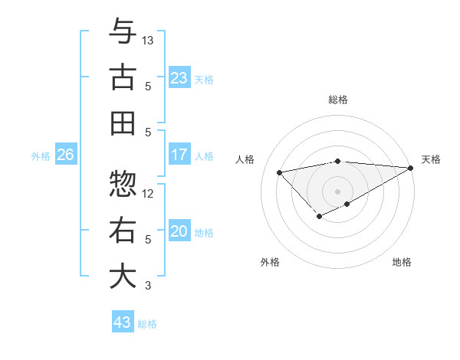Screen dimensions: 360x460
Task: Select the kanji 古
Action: tap(123, 77)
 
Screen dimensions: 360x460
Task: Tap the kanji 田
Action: tap(123, 123)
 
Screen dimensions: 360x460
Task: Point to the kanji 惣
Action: tap(123, 185)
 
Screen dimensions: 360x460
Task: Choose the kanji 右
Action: tap(123, 231)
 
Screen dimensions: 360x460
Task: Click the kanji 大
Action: tap(123, 277)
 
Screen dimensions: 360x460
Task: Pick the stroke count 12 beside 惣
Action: tap(149, 194)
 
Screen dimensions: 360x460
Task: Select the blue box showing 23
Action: tap(179, 77)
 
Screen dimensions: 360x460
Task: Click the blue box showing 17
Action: tap(179, 155)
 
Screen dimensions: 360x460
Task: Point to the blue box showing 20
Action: tap(179, 231)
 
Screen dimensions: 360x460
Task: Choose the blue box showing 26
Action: tap(65, 155)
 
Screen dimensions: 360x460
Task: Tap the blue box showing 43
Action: tap(123, 322)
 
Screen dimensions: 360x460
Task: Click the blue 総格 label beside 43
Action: tap(147, 324)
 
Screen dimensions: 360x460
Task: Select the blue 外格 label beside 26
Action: tap(41, 156)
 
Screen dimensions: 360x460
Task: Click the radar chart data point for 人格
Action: tap(279, 172)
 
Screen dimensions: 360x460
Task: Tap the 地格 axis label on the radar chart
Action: tap(402, 262)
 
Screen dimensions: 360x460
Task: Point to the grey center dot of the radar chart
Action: tap(337, 191)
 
